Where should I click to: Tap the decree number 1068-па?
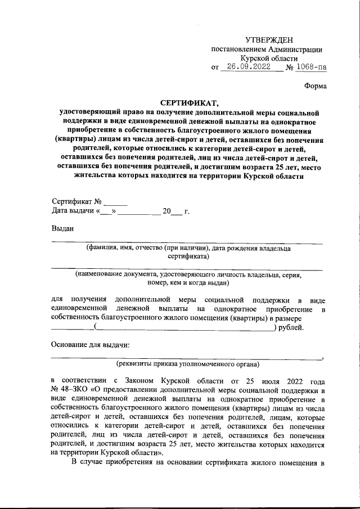(312, 67)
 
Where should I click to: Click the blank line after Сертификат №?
(116, 201)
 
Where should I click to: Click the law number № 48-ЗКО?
(68, 389)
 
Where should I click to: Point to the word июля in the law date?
(268, 380)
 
